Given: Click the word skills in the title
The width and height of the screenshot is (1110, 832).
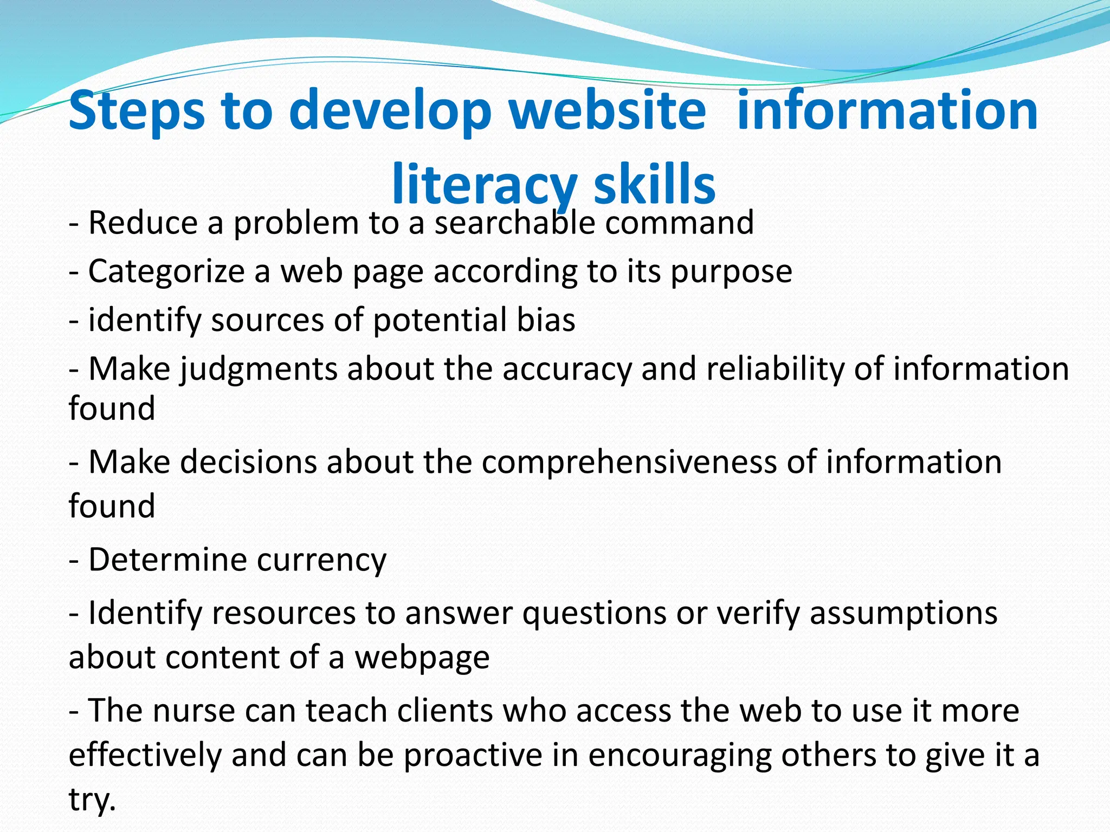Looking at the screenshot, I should point(655,185).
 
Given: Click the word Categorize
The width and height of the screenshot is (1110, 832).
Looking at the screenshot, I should point(166,271).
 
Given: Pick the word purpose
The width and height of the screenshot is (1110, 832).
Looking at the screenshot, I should point(731,271).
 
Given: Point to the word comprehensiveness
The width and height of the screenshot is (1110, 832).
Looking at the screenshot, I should point(629,463).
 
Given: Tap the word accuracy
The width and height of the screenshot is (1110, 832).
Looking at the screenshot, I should point(567,369).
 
